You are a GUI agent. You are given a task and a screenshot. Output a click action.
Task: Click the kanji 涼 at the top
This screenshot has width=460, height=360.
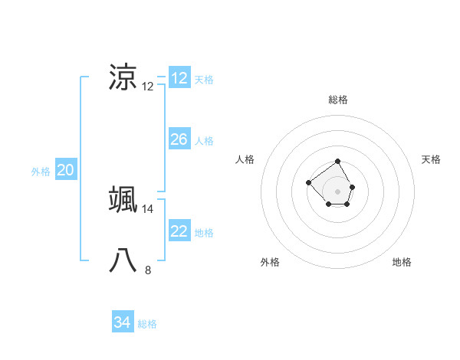pos(123,77)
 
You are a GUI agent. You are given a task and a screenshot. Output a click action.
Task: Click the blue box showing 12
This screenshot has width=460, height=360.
pos(179,78)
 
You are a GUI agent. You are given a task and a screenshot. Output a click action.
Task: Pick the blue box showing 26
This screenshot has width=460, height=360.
pos(179,139)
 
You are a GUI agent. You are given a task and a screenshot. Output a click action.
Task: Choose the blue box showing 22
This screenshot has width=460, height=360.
pos(179,231)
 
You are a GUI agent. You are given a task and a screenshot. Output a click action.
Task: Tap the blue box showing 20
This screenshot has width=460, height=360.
pos(65,171)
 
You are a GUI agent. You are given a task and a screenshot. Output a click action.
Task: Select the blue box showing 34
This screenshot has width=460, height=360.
pos(123,322)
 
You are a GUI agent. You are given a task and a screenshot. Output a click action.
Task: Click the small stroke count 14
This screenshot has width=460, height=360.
pos(148,208)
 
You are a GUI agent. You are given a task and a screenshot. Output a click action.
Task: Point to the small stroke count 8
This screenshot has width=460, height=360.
pos(148,270)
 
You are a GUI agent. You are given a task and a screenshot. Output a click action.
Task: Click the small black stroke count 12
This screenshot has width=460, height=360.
pos(148,86)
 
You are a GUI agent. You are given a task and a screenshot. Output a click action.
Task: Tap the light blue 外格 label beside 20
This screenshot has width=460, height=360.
pos(41,172)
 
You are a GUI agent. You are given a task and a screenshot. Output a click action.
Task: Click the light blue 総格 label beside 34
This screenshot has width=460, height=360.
pos(147,324)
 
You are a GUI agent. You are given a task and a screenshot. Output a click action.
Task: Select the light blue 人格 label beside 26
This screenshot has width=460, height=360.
pos(204,141)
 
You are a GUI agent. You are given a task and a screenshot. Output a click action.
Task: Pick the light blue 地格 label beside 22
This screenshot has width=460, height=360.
pos(204,233)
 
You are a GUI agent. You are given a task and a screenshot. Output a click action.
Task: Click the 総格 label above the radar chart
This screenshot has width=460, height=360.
pos(338,100)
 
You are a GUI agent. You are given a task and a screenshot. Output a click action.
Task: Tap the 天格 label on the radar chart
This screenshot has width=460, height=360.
pos(431,159)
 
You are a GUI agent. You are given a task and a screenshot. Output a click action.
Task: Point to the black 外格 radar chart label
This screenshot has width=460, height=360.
pos(270,262)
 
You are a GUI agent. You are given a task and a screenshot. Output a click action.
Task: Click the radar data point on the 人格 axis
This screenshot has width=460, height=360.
pos(308,182)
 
